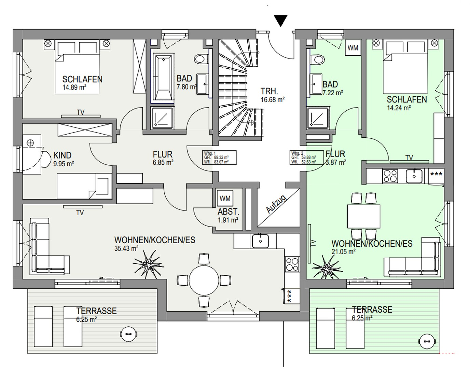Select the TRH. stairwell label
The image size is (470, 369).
(x=269, y=91)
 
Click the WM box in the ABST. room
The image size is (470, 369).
(x=225, y=199)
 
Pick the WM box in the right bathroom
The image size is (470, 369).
(x=353, y=48)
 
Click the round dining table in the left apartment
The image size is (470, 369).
(x=204, y=281)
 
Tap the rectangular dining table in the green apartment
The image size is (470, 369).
(x=364, y=216)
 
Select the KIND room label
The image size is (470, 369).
(x=62, y=155)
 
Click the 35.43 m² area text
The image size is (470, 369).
(x=126, y=249)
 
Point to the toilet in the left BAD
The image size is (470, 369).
(x=201, y=59)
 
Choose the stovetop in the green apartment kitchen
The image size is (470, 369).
(x=390, y=176)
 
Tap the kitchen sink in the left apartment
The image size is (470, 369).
(x=260, y=241)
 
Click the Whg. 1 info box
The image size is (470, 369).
(x=219, y=158)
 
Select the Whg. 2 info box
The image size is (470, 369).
(x=306, y=158)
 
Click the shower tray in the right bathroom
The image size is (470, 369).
(x=318, y=118)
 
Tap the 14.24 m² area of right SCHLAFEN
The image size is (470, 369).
(x=398, y=108)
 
